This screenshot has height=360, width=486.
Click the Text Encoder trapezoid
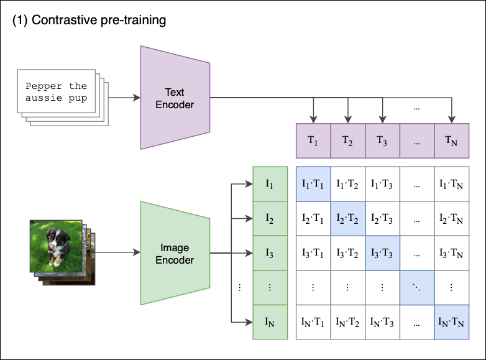(x=175, y=98)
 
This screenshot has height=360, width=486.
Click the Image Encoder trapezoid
(x=175, y=253)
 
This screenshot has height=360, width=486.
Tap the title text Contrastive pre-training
(x=89, y=20)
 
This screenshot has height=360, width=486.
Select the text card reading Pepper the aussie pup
(x=56, y=91)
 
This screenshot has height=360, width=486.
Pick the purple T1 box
(x=313, y=141)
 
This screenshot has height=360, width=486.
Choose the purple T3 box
(x=382, y=141)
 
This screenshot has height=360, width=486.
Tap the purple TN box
(x=451, y=141)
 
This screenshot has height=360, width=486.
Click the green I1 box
(x=270, y=183)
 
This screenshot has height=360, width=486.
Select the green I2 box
(x=270, y=218)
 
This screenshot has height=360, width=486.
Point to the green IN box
(x=270, y=322)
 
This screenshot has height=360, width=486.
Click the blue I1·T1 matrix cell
(x=313, y=183)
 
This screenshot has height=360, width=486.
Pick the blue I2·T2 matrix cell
(x=347, y=218)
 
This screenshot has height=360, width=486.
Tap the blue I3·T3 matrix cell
(x=382, y=253)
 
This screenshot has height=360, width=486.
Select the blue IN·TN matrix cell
(x=451, y=322)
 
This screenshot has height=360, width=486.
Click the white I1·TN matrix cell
(x=451, y=183)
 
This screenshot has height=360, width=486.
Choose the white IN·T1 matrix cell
(x=313, y=322)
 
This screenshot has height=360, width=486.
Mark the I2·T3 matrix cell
(x=382, y=218)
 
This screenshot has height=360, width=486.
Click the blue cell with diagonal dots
(x=416, y=287)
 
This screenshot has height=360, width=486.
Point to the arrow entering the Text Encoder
(x=121, y=98)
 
